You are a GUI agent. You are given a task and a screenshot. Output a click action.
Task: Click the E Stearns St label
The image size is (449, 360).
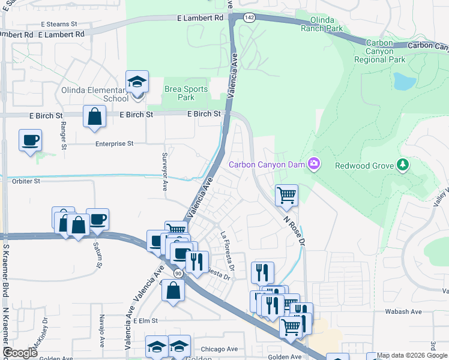coord(59,25)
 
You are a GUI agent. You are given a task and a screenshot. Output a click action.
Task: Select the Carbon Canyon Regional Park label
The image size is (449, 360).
coord(379,51)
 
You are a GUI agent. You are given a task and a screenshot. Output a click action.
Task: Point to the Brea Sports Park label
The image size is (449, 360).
coord(186,93)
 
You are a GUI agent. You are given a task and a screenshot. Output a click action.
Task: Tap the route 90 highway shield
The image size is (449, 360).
coord(178,273)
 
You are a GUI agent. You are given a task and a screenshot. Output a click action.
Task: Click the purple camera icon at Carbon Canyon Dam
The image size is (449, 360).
coord(313,163)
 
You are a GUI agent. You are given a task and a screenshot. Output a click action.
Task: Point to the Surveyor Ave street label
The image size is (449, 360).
coord(164,170)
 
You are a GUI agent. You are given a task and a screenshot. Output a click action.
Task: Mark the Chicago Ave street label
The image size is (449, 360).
coord(219,349)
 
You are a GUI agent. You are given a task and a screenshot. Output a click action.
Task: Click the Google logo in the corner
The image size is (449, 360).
coord(20,353)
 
